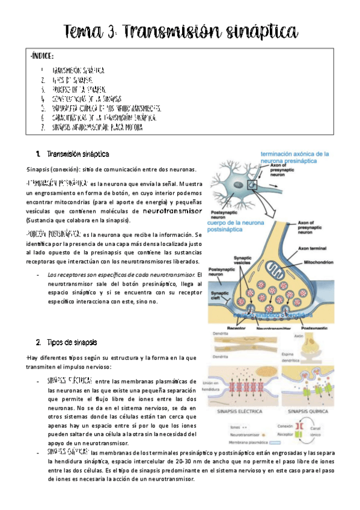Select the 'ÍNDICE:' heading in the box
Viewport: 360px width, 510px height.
point(42,56)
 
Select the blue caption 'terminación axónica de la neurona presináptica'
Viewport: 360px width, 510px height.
point(294,158)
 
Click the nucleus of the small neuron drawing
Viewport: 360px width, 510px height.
point(231,180)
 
